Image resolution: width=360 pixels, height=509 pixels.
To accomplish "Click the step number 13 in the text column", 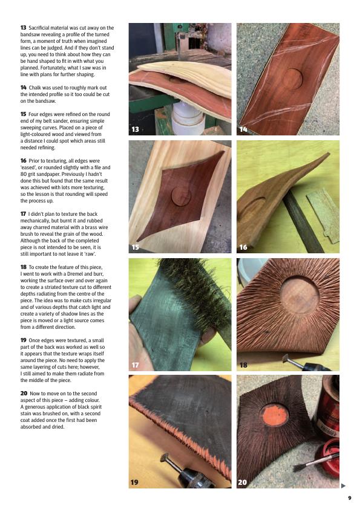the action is pos(23,28).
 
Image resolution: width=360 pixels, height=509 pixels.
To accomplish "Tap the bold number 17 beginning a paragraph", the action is pos(23,214).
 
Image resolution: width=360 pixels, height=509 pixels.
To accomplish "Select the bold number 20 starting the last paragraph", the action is pos(24,394).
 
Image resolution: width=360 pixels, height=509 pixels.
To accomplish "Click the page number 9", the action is pos(350,498).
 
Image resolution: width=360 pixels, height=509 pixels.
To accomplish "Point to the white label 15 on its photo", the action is pos(135,247).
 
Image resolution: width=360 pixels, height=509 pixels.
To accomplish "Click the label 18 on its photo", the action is pos(243,365).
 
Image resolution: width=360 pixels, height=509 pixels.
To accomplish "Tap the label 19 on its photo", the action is pos(134,482).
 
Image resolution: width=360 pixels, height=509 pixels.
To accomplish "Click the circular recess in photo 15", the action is pos(182,196).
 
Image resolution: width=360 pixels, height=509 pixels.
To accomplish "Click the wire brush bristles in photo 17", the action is pos(194,291).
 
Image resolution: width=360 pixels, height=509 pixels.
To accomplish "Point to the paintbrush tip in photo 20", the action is pos(300,467).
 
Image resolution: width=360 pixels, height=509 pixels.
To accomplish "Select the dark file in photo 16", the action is pos(302,222).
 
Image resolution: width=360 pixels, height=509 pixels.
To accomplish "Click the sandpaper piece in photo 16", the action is pos(323,215).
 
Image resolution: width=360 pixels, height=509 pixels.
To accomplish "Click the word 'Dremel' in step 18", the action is pos(74,274).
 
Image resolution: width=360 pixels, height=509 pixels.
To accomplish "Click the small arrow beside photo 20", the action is pos(344,485).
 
